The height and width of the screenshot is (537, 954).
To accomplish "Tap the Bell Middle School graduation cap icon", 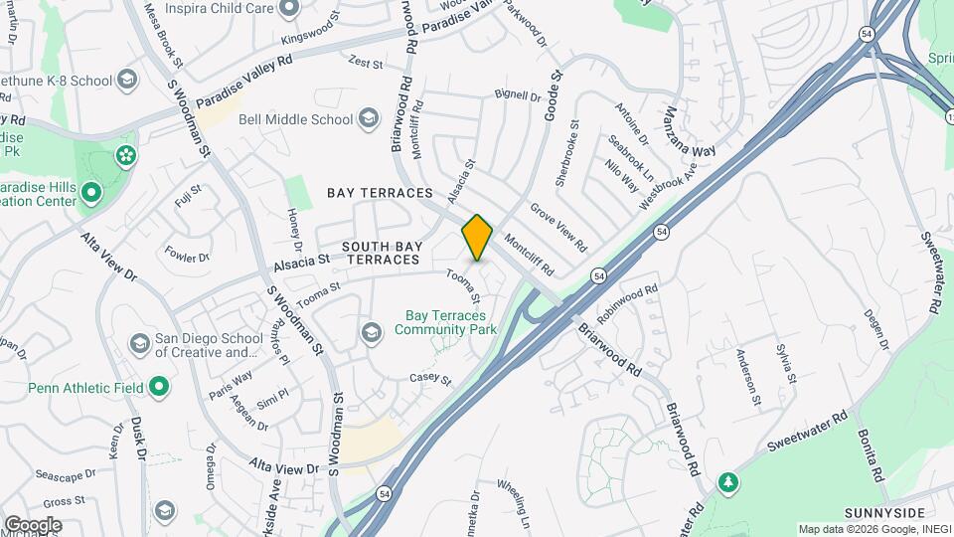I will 369,119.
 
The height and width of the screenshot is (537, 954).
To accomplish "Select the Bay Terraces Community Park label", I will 444,323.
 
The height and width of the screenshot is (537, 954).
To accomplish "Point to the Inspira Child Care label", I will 219,10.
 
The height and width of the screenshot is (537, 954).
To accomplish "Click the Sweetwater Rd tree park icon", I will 728,481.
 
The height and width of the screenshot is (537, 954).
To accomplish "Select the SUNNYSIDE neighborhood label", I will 877,512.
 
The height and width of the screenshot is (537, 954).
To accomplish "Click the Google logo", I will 32,525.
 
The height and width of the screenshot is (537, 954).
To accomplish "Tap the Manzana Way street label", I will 691,133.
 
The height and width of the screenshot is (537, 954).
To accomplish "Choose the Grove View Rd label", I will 558,228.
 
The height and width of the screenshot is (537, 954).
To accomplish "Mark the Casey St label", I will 430,379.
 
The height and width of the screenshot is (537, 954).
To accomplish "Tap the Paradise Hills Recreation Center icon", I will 91,192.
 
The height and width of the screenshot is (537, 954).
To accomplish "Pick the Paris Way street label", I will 231,385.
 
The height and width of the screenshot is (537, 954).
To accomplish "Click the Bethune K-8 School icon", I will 126,78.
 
